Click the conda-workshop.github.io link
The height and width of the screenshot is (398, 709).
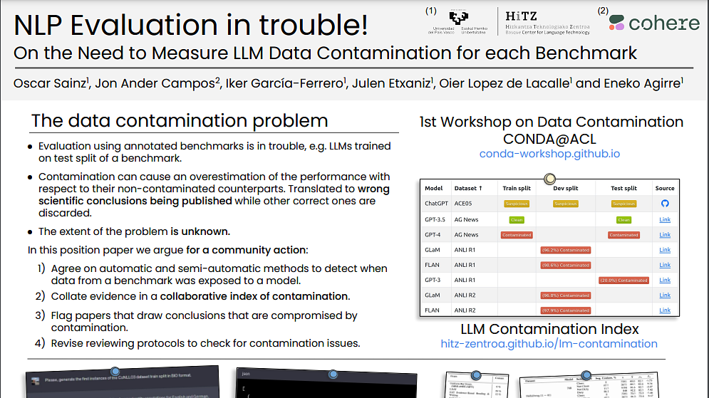[549, 154]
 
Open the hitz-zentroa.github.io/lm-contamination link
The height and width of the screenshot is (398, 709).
[549, 343]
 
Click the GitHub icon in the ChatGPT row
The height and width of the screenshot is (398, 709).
[664, 204]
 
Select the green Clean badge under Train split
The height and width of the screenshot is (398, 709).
[515, 220]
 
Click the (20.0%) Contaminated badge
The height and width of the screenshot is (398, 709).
[623, 281]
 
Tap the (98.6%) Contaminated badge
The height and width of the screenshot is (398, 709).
[565, 265]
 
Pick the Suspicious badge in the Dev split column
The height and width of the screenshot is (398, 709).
[565, 204]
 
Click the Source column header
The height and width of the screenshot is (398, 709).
[664, 189]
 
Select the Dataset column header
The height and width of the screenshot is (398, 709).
[467, 189]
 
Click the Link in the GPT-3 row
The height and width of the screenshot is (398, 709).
[664, 281]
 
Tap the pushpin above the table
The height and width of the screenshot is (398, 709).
[549, 178]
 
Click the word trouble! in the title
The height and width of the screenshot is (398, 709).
[319, 26]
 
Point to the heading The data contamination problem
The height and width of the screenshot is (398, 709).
[180, 120]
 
